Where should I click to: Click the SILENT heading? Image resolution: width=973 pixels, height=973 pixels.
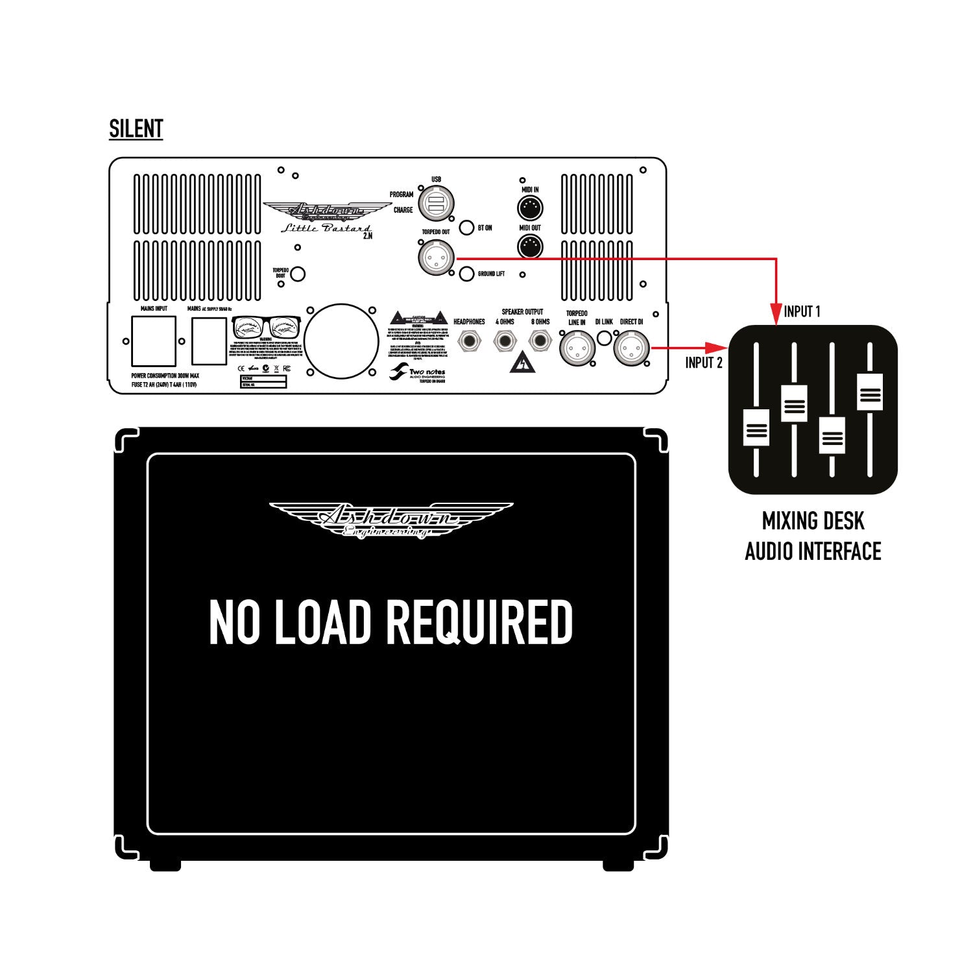pyautogui.click(x=136, y=129)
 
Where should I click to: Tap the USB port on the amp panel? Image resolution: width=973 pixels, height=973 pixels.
pyautogui.click(x=435, y=204)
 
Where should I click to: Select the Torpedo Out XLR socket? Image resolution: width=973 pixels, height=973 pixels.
pyautogui.click(x=436, y=257)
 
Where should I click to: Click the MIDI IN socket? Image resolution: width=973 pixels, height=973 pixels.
pyautogui.click(x=530, y=208)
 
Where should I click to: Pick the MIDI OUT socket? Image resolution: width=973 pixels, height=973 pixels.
pyautogui.click(x=530, y=246)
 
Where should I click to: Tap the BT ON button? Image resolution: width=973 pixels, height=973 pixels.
pyautogui.click(x=466, y=228)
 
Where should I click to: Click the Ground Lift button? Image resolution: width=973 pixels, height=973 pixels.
pyautogui.click(x=466, y=274)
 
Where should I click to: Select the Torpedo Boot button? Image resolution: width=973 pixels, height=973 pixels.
pyautogui.click(x=298, y=274)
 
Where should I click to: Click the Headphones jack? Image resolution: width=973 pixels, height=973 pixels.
pyautogui.click(x=470, y=341)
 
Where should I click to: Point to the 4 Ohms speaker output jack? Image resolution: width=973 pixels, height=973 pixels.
pyautogui.click(x=505, y=341)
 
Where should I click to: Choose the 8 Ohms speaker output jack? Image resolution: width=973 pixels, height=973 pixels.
pyautogui.click(x=540, y=341)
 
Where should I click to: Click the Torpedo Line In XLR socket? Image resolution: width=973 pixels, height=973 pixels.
pyautogui.click(x=577, y=348)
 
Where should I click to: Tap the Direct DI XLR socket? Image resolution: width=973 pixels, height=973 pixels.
pyautogui.click(x=631, y=348)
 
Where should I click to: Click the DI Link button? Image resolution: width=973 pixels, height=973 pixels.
pyautogui.click(x=604, y=338)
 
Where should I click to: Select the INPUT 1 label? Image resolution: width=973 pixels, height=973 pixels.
pyautogui.click(x=802, y=311)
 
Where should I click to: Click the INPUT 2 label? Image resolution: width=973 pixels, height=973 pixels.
pyautogui.click(x=704, y=363)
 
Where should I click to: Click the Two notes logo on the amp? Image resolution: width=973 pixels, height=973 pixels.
pyautogui.click(x=418, y=373)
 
